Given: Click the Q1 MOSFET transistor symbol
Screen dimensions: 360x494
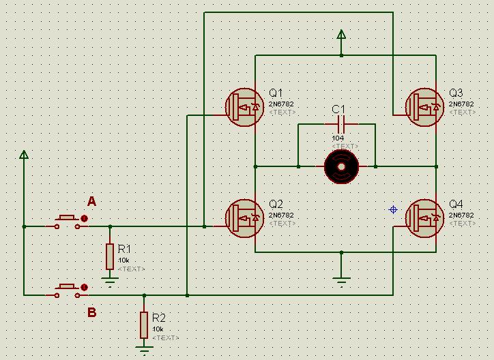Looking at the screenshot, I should tap(244, 106).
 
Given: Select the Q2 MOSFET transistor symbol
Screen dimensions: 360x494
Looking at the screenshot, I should tap(244, 217).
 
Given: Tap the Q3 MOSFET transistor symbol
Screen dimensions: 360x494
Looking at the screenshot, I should tap(424, 106).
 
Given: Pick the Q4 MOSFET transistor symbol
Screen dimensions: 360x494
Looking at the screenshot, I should tap(424, 217).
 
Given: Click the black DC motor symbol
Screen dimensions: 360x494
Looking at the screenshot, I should tap(341, 166).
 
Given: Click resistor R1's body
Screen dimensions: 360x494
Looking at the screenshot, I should tap(109, 256).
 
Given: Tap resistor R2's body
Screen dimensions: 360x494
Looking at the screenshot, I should tap(144, 325).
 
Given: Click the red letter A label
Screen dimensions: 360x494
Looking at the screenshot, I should tap(91, 201).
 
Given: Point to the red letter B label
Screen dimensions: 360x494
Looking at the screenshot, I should tap(91, 313).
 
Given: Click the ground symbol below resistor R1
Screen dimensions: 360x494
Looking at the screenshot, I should tap(109, 277).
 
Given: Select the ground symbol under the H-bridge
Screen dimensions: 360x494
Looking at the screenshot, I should tap(341, 277).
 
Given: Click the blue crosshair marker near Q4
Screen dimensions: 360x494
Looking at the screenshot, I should tap(393, 209).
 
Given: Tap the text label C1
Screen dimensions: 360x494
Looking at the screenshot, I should tap(338, 110).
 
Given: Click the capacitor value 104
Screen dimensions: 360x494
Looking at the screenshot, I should tap(338, 138).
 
